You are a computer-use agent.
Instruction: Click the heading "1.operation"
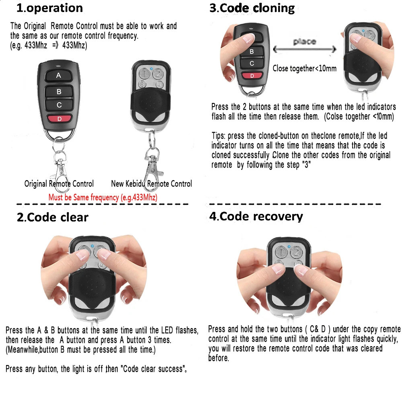(x=49, y=8)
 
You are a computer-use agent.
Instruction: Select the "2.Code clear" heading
(x=52, y=217)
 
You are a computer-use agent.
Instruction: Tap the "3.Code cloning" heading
(x=252, y=8)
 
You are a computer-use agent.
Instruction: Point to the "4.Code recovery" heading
(x=256, y=216)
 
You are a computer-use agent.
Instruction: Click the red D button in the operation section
(x=59, y=119)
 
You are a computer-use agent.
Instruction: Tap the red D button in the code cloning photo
(x=252, y=76)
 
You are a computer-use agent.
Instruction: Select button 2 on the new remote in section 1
(x=158, y=74)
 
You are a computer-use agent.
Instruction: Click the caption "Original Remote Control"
(x=59, y=184)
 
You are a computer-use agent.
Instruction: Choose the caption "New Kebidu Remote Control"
(x=152, y=184)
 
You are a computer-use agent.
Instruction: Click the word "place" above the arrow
(x=304, y=41)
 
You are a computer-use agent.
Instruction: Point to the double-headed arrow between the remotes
(x=305, y=50)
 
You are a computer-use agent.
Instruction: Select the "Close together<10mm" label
(x=304, y=68)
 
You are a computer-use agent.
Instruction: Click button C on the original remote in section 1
(x=59, y=105)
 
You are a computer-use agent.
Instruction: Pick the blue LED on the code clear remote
(x=92, y=246)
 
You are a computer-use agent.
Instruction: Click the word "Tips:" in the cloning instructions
(x=219, y=135)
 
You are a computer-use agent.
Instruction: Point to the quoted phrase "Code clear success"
(x=149, y=369)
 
